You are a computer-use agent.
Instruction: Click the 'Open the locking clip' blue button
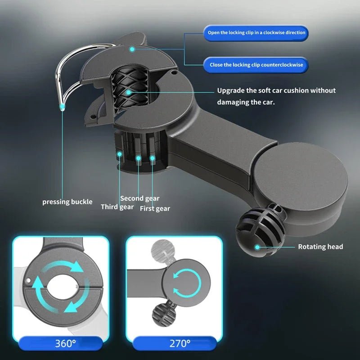(x=256, y=33)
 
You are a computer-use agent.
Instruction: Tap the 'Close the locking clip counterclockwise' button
(x=256, y=65)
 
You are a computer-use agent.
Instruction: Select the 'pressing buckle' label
(x=67, y=202)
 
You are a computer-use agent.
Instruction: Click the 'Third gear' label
(x=117, y=207)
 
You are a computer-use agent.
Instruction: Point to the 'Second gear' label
(x=139, y=198)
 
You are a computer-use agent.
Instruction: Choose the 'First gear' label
(x=155, y=208)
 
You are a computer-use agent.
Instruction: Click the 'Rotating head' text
(x=320, y=247)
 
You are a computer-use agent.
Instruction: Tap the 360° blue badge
(x=65, y=344)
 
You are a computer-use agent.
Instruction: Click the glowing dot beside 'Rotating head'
(x=257, y=247)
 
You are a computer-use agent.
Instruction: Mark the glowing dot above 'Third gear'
(x=120, y=154)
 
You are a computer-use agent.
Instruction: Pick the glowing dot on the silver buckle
(x=62, y=107)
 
